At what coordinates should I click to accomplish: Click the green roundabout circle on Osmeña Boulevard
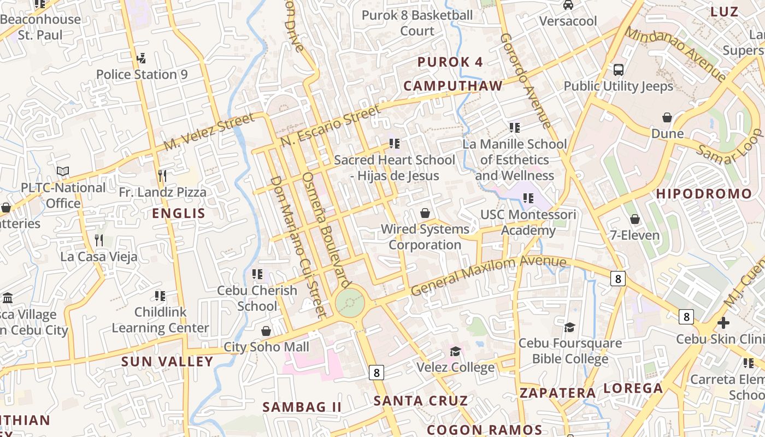click(x=350, y=302)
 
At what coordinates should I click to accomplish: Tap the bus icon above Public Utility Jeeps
click(x=619, y=70)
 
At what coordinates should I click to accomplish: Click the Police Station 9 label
click(x=142, y=74)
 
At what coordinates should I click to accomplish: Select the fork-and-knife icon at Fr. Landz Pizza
click(x=162, y=175)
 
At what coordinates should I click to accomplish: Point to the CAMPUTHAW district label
click(x=453, y=86)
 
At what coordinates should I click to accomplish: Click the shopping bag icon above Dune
click(x=667, y=117)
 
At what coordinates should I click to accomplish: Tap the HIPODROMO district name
click(x=704, y=194)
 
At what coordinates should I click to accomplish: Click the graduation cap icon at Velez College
click(x=455, y=351)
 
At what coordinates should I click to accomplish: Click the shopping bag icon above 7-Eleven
click(x=635, y=219)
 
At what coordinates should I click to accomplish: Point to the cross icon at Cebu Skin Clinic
click(x=723, y=322)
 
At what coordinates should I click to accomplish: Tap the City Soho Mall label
click(x=267, y=347)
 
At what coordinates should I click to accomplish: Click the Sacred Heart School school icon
click(x=395, y=144)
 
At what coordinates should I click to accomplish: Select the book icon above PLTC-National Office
click(x=63, y=172)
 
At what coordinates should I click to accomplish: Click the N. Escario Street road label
click(x=331, y=126)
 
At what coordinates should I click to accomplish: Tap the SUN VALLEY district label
click(x=167, y=362)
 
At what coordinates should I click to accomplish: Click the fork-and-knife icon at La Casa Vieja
click(x=99, y=240)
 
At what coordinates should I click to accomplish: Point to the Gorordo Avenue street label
click(x=525, y=81)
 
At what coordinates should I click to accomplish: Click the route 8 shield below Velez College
click(x=376, y=373)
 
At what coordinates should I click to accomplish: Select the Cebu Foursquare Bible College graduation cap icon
click(x=569, y=327)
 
